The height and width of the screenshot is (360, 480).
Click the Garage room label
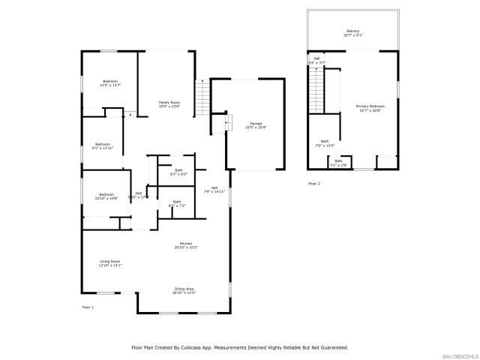[256, 123]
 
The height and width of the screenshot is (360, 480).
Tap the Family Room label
[169, 103]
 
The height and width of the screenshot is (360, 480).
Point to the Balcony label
[352, 31]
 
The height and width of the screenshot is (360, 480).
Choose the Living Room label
[109, 261]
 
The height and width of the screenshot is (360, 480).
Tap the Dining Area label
[184, 289]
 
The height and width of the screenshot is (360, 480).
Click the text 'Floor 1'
[88, 308]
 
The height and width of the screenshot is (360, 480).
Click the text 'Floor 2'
[313, 184]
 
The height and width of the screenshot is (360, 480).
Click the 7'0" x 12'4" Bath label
[325, 142]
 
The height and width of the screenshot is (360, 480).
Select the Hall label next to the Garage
[214, 187]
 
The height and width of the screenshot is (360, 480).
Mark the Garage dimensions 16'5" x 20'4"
[256, 127]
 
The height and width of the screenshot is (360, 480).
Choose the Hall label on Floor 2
[316, 58]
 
